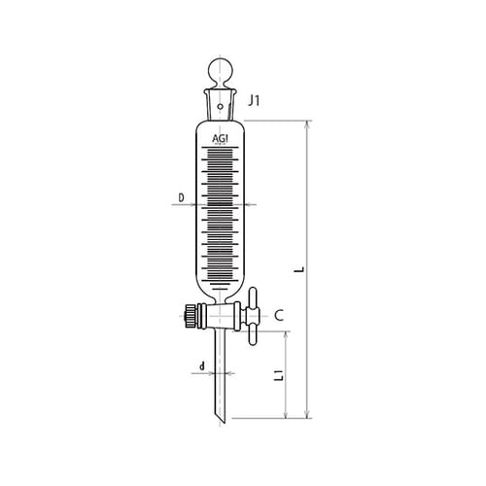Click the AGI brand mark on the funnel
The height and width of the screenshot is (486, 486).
coord(222,138)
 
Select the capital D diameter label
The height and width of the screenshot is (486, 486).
coord(182,198)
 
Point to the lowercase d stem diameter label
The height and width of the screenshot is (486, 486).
coord(201,366)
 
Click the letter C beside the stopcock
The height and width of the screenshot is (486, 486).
coord(278,315)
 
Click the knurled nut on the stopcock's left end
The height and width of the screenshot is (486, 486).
coord(186,316)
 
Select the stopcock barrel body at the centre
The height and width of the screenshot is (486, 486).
coord(222,316)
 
